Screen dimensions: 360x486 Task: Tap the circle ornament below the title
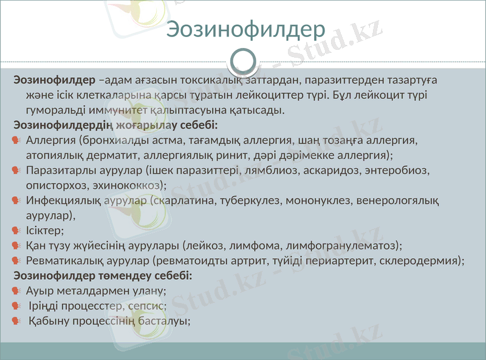244,61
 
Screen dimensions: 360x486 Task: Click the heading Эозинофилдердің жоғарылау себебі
115,126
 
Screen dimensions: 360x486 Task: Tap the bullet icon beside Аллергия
16,141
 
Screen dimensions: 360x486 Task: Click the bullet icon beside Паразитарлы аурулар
16,171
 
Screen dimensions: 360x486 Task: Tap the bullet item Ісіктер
45,231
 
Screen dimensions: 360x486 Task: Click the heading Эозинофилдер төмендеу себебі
103,276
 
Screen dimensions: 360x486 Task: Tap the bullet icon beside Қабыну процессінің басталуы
16,321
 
